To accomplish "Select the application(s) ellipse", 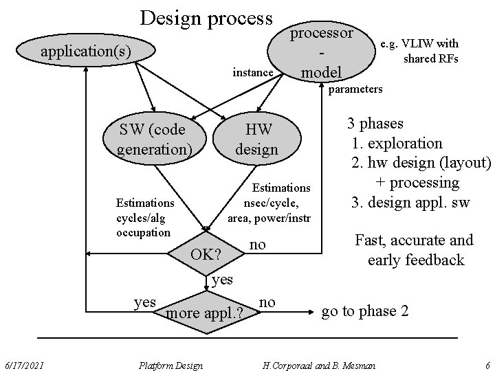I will point(85,51).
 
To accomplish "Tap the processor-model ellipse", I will point(322,53).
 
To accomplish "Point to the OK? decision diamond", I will point(206,254).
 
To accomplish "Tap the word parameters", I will point(355,89).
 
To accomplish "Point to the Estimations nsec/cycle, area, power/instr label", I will point(271,203).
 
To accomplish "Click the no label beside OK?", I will point(257,245).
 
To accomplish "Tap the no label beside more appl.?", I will point(268,302).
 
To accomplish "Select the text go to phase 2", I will point(365,311).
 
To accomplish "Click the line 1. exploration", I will point(397,144).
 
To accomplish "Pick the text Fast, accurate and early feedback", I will point(413,249).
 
